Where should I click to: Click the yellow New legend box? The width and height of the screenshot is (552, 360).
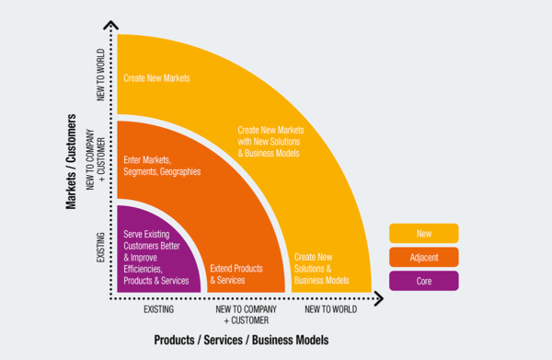point(423,233)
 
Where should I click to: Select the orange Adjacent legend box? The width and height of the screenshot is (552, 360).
point(423,257)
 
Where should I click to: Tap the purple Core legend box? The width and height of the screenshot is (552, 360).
point(423,281)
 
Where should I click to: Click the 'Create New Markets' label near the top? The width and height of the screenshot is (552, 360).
point(156,78)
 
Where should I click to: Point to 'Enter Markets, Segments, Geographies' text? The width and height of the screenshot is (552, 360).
point(162,165)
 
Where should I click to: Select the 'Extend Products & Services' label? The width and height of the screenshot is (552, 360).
point(236,273)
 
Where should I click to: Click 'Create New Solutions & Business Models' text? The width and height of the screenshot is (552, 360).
point(321,268)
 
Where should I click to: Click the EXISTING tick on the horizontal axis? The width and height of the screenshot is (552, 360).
point(159,310)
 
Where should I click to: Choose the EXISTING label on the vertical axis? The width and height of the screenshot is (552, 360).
point(100,249)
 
